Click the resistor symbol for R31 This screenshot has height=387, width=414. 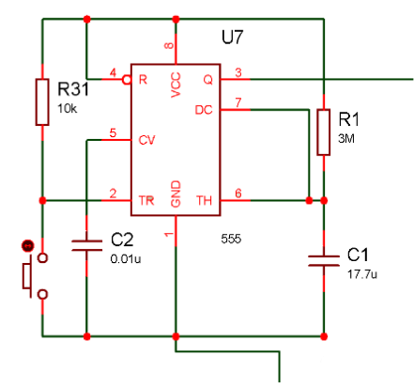(42, 102)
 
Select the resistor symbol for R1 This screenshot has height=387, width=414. (324, 132)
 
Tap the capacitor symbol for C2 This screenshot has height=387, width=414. (87, 245)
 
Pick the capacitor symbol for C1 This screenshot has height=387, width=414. (324, 261)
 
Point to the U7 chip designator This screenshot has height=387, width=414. (232, 38)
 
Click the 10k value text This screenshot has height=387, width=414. (67, 109)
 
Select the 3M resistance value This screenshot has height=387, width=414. (346, 138)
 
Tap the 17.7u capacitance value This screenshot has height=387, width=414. (362, 274)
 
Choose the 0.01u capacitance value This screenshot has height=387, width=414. (126, 259)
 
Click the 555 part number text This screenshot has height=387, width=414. (231, 239)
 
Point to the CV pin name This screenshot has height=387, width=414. (146, 140)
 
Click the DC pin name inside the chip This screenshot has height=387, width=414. (204, 110)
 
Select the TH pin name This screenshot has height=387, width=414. (205, 200)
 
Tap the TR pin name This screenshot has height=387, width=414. (146, 200)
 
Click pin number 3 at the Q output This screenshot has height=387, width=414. (238, 72)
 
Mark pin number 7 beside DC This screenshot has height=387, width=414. (238, 102)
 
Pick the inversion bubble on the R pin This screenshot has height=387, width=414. (127, 80)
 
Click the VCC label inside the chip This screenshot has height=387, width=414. (176, 85)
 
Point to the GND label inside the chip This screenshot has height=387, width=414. (176, 193)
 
